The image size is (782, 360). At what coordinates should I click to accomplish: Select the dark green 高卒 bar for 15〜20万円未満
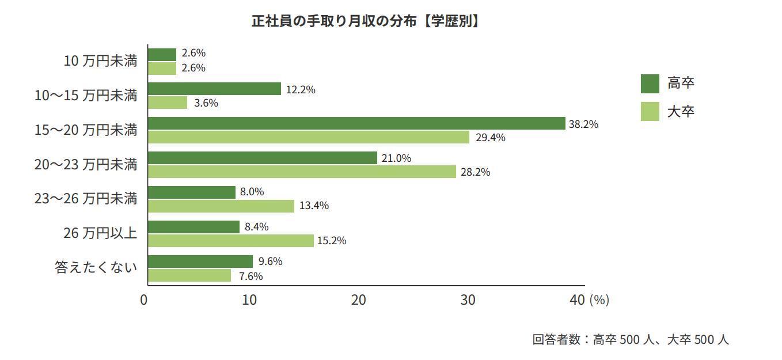coord(356,123)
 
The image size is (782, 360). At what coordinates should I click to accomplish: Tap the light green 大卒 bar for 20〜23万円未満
coord(302,172)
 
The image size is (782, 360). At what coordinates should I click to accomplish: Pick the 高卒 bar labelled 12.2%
coord(214,89)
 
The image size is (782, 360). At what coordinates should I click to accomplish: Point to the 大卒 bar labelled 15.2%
coord(230,240)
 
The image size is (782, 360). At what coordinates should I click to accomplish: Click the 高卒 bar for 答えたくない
coord(200,262)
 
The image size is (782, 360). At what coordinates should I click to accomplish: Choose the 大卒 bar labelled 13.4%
coord(221,206)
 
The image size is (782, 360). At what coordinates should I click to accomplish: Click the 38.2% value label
coord(583,124)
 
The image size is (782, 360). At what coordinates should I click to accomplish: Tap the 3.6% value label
coord(206,104)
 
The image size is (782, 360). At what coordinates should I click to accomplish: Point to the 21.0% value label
coord(396,158)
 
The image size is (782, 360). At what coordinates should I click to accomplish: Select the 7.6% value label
coord(250,276)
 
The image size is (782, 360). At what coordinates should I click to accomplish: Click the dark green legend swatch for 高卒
coord(650,84)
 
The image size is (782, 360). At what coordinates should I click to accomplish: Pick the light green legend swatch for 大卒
coord(650,111)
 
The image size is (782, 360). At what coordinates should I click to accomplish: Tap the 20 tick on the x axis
coord(359,300)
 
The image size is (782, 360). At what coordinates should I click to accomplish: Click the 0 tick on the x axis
coord(144,300)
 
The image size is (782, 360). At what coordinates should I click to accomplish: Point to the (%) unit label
coord(599,300)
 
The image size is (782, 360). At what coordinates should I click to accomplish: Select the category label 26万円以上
coord(100,233)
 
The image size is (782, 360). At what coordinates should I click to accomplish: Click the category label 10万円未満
coord(100,60)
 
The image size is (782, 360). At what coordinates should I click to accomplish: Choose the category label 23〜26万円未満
coord(86,199)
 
